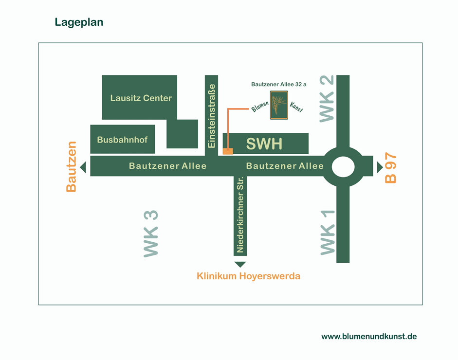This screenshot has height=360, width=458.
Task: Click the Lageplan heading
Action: click(x=79, y=22)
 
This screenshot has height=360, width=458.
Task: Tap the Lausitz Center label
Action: click(x=141, y=98)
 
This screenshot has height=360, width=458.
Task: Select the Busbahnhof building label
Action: click(x=122, y=140)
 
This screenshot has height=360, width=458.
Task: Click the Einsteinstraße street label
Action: click(x=211, y=116)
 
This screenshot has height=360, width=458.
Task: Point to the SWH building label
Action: click(x=264, y=144)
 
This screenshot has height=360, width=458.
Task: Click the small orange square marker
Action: click(x=228, y=151)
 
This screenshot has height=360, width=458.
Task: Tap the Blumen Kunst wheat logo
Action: click(x=279, y=105)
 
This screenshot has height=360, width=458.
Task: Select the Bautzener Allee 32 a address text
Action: click(x=279, y=84)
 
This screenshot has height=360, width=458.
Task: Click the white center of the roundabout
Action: click(x=344, y=166)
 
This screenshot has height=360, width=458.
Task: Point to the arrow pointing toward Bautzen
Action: click(x=83, y=167)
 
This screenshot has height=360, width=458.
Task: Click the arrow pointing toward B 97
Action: click(x=380, y=167)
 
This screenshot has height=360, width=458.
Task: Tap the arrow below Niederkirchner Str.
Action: click(x=240, y=264)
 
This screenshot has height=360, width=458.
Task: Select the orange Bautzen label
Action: click(x=72, y=167)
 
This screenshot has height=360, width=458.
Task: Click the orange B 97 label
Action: click(x=391, y=168)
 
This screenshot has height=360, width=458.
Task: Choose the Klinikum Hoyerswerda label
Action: click(x=248, y=276)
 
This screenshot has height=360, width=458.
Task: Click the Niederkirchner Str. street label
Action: click(x=240, y=215)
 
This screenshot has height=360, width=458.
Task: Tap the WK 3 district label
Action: click(x=151, y=234)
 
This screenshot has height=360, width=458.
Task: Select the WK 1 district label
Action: click(x=328, y=232)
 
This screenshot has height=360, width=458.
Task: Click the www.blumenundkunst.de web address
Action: click(x=369, y=336)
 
